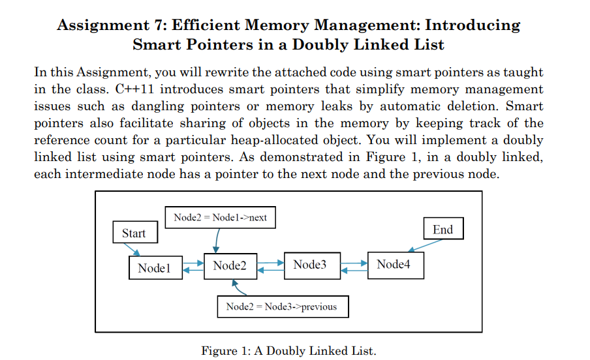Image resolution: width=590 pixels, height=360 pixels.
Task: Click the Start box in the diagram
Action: [x=134, y=233]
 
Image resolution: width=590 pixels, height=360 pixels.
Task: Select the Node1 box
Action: [x=154, y=267]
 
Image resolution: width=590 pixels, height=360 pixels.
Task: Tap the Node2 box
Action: [x=230, y=266]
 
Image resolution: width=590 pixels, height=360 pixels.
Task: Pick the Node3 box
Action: [x=309, y=264]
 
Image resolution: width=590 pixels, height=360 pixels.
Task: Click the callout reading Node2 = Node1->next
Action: [x=220, y=217]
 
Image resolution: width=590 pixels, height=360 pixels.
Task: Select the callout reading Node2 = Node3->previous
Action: [x=281, y=306]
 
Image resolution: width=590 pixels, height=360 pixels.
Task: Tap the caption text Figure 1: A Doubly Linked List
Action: [x=288, y=351]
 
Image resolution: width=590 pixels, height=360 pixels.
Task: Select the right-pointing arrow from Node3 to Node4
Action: [x=352, y=262]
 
